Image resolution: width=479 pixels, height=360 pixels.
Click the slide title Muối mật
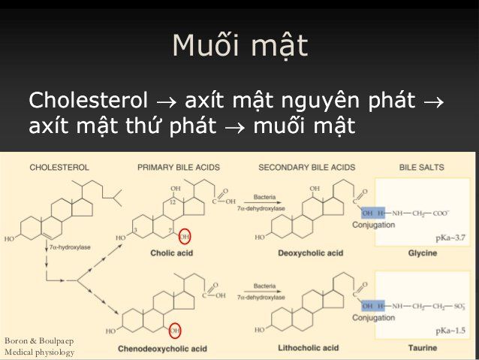239,47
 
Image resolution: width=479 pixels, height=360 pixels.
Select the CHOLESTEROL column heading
59,167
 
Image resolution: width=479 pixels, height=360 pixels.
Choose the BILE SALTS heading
421,167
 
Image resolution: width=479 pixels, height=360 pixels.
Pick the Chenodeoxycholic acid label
163,349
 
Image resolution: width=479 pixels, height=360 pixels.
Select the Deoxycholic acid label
310,253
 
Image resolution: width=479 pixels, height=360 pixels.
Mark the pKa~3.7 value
450,237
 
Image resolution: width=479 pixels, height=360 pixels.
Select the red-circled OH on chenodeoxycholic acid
174,331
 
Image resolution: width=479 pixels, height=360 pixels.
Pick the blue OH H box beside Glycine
373,213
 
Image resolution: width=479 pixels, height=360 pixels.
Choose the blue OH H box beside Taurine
373,306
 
